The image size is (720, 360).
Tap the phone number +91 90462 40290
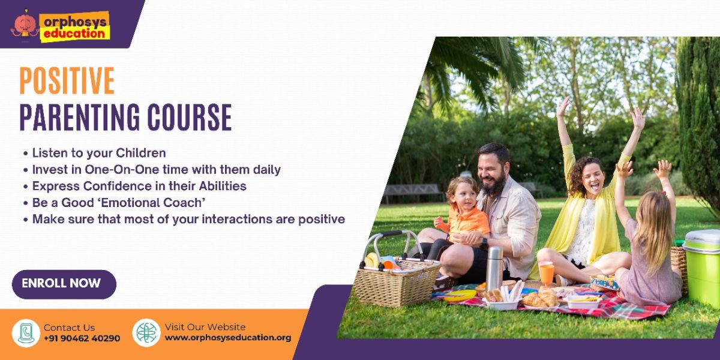pyautogui.click(x=82, y=338)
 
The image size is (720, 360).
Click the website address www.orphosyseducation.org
pyautogui.click(x=228, y=338)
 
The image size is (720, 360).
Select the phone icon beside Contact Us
pyautogui.click(x=26, y=334)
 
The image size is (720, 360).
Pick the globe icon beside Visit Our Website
pyautogui.click(x=146, y=332)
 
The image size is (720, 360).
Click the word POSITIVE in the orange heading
pyautogui.click(x=67, y=80)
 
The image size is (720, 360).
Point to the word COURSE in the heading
pyautogui.click(x=190, y=117)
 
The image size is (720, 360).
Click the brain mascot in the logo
pyautogui.click(x=25, y=26)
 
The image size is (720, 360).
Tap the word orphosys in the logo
pyautogui.click(x=75, y=22)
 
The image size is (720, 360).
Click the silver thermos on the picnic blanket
pyautogui.click(x=494, y=269)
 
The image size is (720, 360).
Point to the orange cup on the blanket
pyautogui.click(x=546, y=274)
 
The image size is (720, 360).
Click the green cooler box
pyautogui.click(x=702, y=267)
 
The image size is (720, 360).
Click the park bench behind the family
pyautogui.click(x=412, y=192)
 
